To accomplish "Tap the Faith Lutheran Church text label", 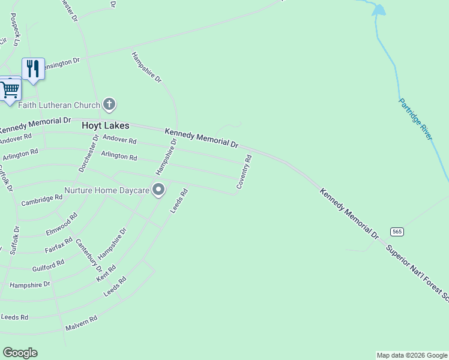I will click(x=59, y=106).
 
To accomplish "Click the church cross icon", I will click(x=109, y=105).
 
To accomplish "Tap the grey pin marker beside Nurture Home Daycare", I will click(x=158, y=190).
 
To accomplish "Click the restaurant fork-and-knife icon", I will click(x=33, y=68).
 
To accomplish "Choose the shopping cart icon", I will click(x=10, y=90).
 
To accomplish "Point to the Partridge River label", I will click(x=415, y=119).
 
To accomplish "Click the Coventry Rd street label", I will click(x=244, y=172).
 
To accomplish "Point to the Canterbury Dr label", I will click(x=88, y=255).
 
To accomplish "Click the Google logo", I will click(x=20, y=353).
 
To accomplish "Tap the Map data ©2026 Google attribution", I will click(x=412, y=355).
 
